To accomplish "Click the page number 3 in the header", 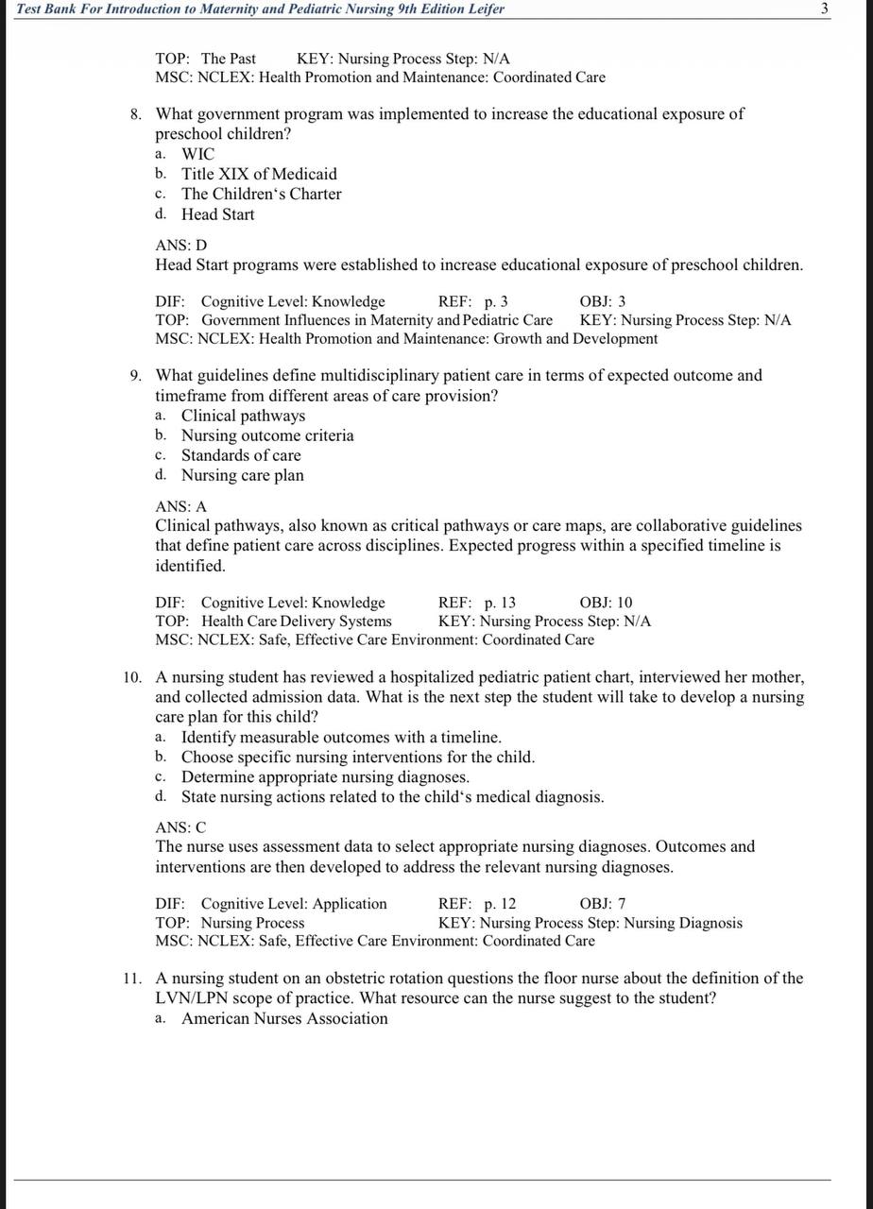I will coord(824,9).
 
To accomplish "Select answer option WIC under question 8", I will coord(198,154).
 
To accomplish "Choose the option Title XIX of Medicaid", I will coord(259,174).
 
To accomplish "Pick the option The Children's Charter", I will coord(262,194).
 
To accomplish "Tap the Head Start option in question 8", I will coord(218,214).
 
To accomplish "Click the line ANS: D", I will coord(181,246).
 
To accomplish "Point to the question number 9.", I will coord(136,376).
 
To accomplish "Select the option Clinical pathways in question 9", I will coord(243,416).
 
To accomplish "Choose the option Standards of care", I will coord(241,455).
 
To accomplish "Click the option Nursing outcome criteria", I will coord(267,435).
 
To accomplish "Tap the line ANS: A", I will coord(181,507).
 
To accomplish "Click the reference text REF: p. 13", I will coord(477,603).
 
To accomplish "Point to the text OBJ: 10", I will coord(607,603).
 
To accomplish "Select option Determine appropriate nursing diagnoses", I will coord(325,777).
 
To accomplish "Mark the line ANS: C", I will coord(181,827).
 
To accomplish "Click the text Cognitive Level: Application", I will coord(294,904).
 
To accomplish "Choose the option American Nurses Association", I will coord(284,1018).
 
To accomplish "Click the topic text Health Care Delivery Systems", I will coord(296,622).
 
